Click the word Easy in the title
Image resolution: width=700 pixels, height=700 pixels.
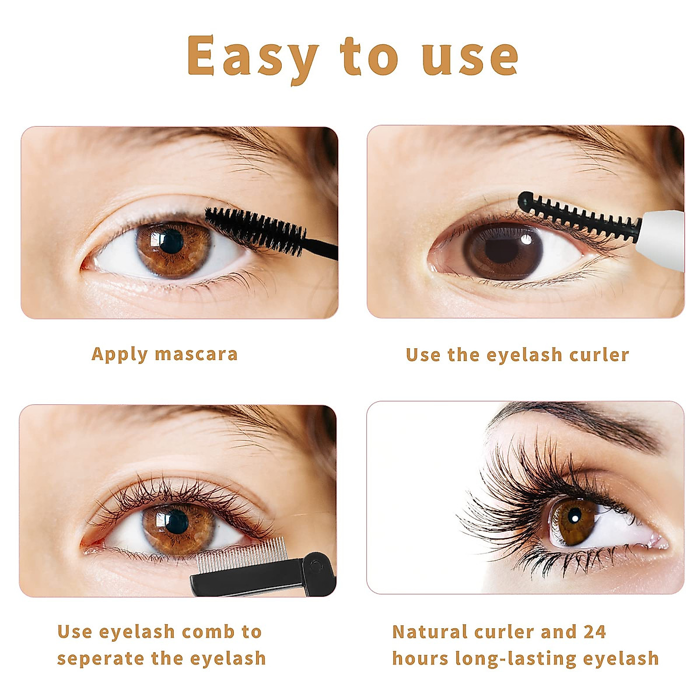click(252, 57)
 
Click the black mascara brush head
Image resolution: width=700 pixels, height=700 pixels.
click(256, 229)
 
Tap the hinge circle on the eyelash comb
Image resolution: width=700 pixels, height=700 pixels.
click(316, 565)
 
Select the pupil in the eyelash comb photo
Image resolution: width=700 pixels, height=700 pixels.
click(176, 521)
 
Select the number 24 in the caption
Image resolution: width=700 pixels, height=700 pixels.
click(594, 632)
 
